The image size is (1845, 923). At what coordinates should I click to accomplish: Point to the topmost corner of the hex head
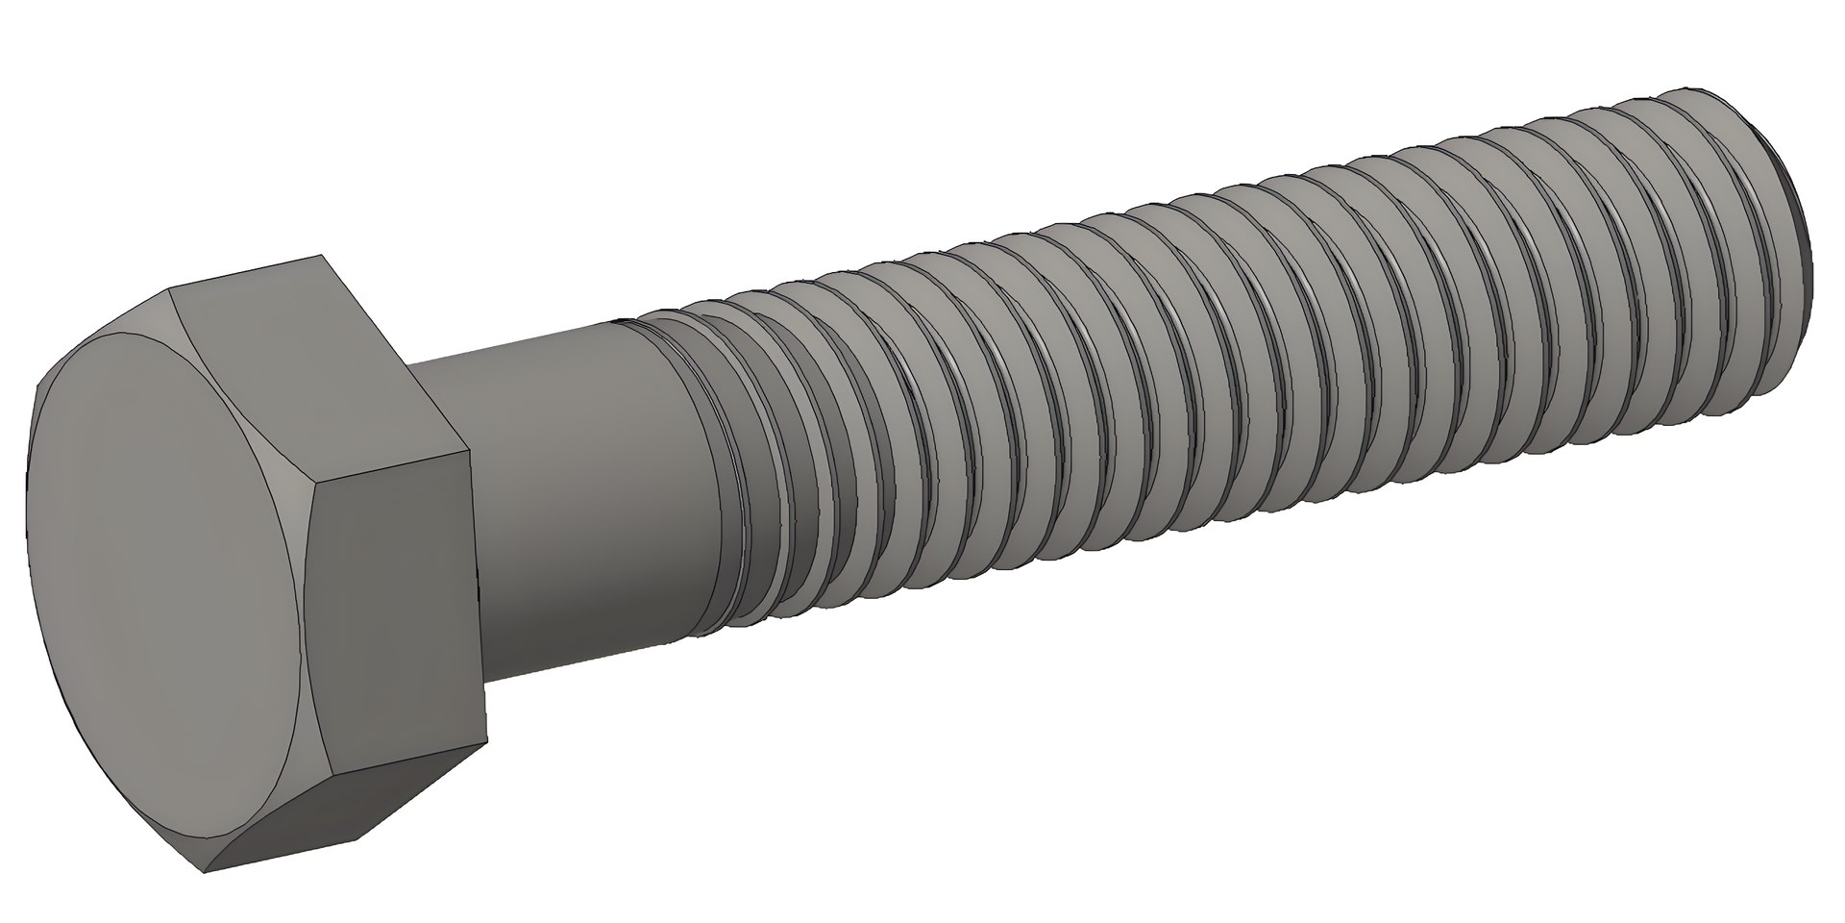point(320,256)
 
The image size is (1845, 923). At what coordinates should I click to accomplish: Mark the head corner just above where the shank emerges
point(469,453)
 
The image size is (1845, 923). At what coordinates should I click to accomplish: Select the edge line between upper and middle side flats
point(394,466)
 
